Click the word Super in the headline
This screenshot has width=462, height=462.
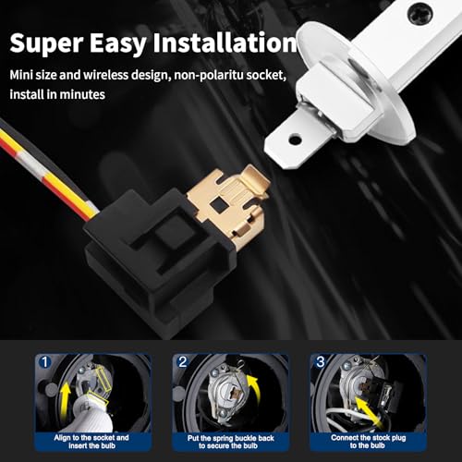click(47, 43)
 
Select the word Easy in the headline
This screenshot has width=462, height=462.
click(118, 44)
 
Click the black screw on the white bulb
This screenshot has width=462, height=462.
click(419, 13)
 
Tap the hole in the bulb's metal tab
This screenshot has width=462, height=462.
click(295, 140)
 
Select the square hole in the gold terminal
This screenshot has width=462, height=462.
click(220, 202)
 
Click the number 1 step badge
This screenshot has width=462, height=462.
click(45, 362)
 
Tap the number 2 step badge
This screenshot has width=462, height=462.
click(183, 362)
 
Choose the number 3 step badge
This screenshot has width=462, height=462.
click(321, 361)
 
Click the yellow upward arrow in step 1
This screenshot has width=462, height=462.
click(65, 399)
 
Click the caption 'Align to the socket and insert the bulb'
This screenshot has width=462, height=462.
click(91, 442)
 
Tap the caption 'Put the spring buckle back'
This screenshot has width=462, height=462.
click(230, 438)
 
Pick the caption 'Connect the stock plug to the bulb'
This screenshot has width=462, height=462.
click(369, 442)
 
